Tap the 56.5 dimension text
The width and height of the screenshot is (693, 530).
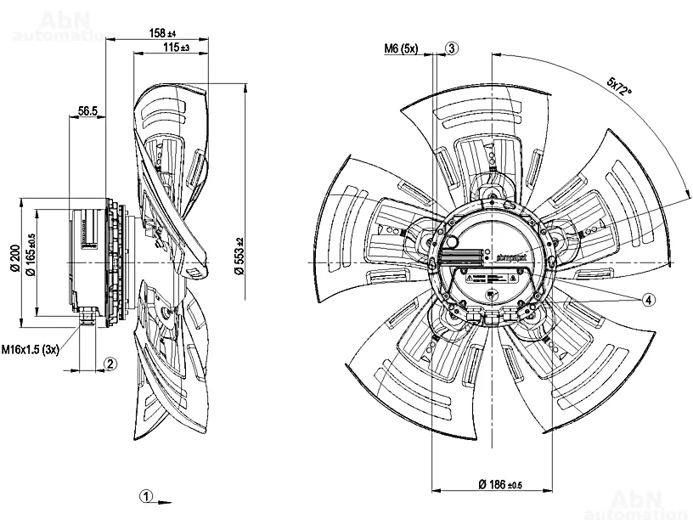[x=88, y=110]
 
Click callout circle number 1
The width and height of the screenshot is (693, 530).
[x=146, y=495]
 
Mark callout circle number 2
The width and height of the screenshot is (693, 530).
[x=110, y=364]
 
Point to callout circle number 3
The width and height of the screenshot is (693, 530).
[x=452, y=48]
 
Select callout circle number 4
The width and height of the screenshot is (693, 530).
[x=648, y=299]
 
